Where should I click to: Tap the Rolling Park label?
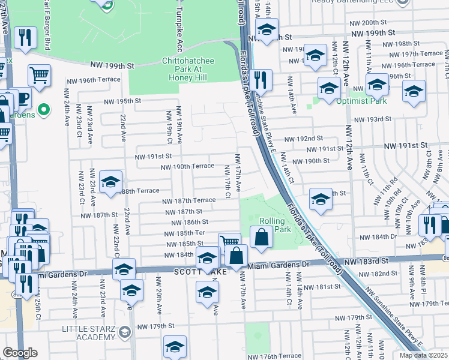pyautogui.click(x=274, y=225)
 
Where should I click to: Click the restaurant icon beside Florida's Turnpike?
pyautogui.click(x=260, y=79)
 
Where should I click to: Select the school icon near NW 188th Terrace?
pyautogui.click(x=110, y=181)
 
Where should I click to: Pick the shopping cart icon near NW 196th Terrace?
pyautogui.click(x=39, y=75)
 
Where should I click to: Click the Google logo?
pyautogui.click(x=20, y=352)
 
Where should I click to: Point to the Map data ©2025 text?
pyautogui.click(x=428, y=355)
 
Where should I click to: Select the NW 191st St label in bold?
pyautogui.click(x=406, y=145)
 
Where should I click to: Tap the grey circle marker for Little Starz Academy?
pyautogui.click(x=124, y=332)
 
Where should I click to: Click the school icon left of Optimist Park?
pyautogui.click(x=329, y=89)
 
